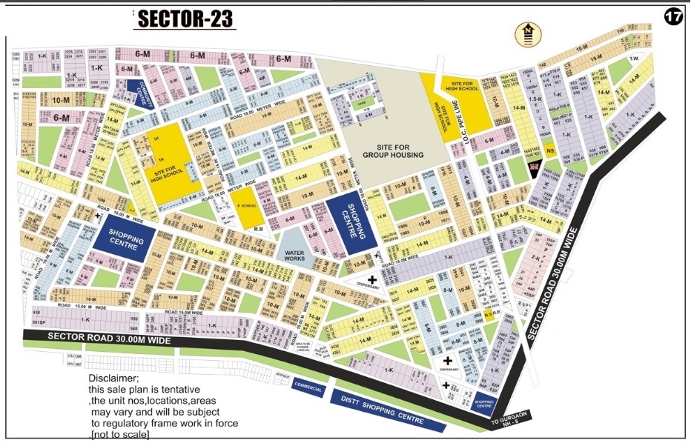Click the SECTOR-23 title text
185,20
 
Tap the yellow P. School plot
248,214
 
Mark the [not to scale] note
119,434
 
